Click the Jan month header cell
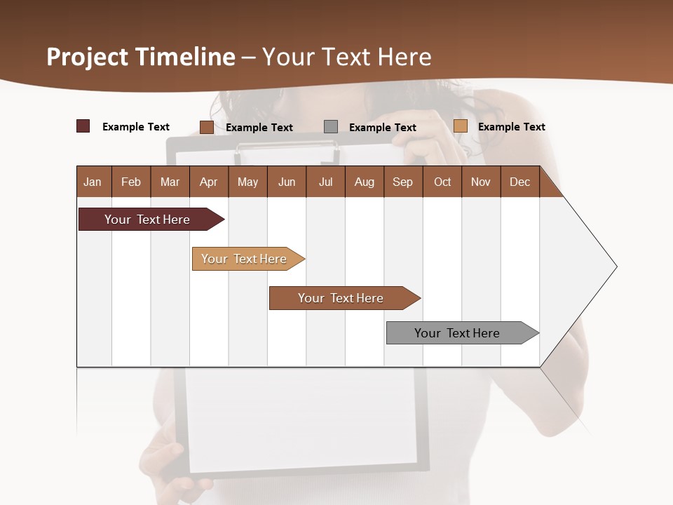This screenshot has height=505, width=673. tap(93, 182)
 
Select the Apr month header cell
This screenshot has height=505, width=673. tap(209, 182)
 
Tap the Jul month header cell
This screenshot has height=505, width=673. tap(325, 182)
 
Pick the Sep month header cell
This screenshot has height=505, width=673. tap(403, 182)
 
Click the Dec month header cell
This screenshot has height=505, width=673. tap(520, 182)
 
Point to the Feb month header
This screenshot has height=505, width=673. tap(131, 182)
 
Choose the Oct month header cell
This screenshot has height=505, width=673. tap(442, 182)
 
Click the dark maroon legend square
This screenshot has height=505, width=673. tap(83, 126)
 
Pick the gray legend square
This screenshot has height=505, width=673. tap(331, 126)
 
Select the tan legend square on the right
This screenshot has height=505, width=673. tap(460, 126)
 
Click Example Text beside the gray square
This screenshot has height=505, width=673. tap(383, 128)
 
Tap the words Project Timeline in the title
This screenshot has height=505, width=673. tap(140, 57)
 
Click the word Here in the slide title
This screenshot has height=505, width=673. tap(405, 57)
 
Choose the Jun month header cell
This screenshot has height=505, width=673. tap(287, 182)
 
